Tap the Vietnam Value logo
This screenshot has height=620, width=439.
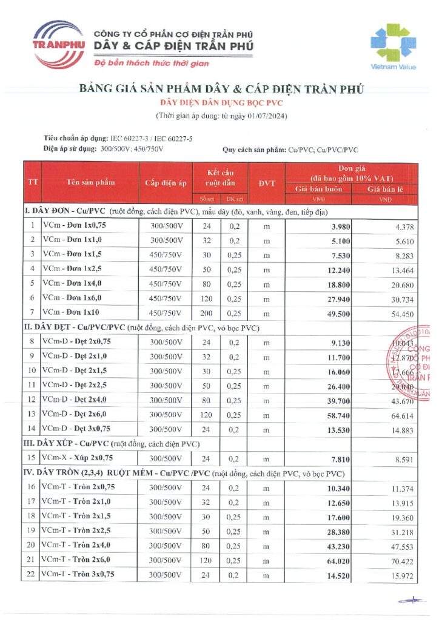click(x=394, y=47)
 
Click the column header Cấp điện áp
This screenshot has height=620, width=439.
click(x=166, y=182)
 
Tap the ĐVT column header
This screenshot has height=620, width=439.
click(x=266, y=182)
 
